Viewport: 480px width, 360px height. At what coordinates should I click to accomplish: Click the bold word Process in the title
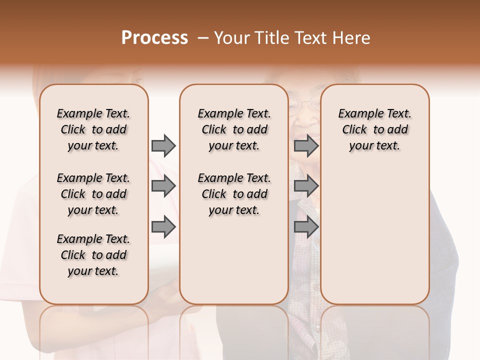154,38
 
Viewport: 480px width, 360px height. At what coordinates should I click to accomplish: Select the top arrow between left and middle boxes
163,146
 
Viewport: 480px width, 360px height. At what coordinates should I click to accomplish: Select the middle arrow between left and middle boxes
163,186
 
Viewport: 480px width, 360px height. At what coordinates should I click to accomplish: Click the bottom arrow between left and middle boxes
163,227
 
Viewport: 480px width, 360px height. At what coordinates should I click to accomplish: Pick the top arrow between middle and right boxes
306,146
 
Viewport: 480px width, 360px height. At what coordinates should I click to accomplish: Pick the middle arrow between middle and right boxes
306,186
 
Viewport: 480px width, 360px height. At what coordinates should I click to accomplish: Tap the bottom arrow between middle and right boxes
306,227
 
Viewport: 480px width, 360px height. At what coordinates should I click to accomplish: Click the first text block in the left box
93,129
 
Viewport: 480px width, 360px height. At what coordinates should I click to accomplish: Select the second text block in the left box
93,194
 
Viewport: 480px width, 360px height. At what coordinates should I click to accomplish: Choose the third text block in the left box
93,255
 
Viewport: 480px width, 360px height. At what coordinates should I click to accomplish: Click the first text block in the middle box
234,129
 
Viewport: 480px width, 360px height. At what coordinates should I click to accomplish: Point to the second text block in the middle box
234,194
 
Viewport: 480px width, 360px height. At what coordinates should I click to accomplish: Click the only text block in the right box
374,129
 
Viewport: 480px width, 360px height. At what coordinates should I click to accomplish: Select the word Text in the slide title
312,38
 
